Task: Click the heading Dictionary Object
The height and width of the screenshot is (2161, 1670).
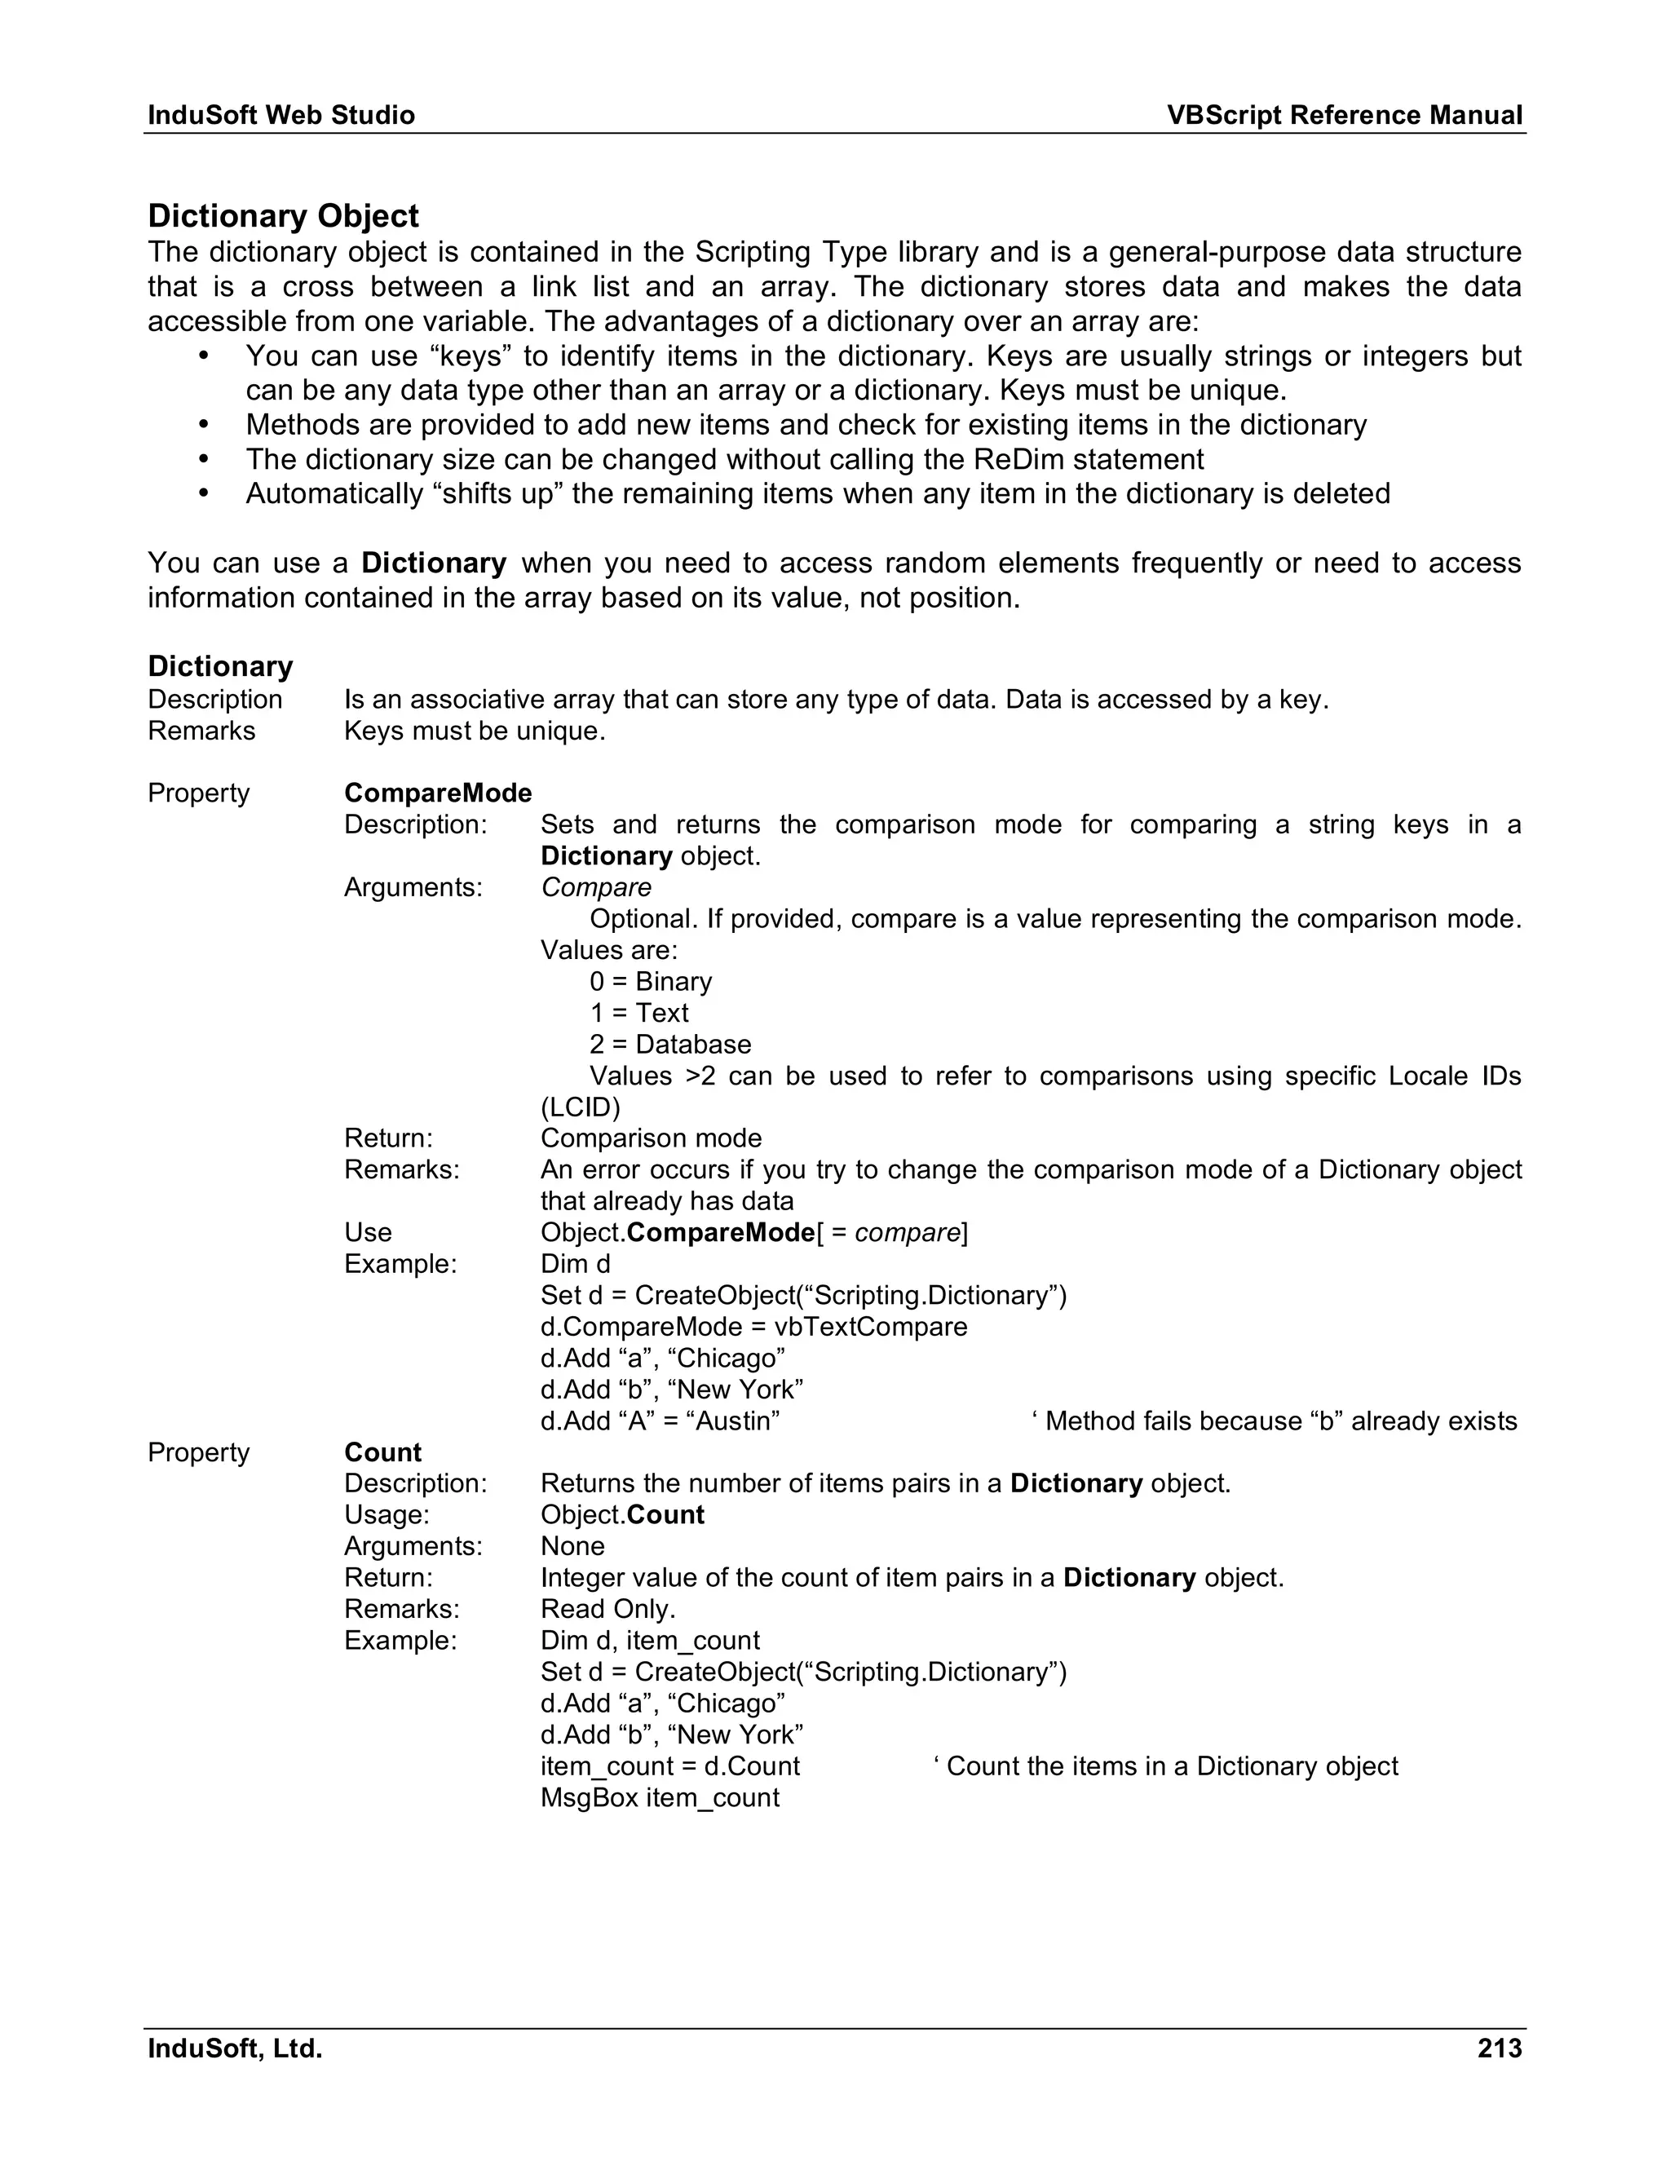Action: [283, 216]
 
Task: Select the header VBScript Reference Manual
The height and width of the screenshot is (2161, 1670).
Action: [1344, 115]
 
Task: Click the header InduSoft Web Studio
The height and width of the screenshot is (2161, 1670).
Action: [281, 115]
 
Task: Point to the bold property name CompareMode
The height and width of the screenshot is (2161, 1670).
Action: [437, 793]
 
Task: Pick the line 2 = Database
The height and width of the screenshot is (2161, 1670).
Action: [669, 1044]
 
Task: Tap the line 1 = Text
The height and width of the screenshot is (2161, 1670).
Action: [638, 1012]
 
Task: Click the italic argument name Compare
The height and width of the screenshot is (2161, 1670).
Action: [595, 886]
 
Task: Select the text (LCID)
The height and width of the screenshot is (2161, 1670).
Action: [580, 1107]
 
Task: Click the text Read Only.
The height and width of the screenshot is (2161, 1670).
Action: [607, 1609]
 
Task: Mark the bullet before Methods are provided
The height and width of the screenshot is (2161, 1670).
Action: [204, 425]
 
